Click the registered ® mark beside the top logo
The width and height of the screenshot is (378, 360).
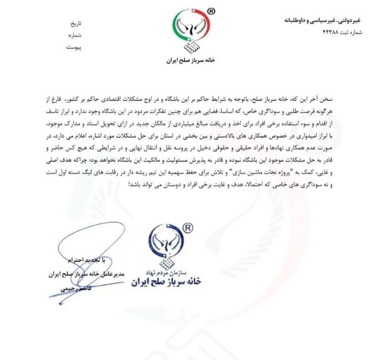(211, 11)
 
